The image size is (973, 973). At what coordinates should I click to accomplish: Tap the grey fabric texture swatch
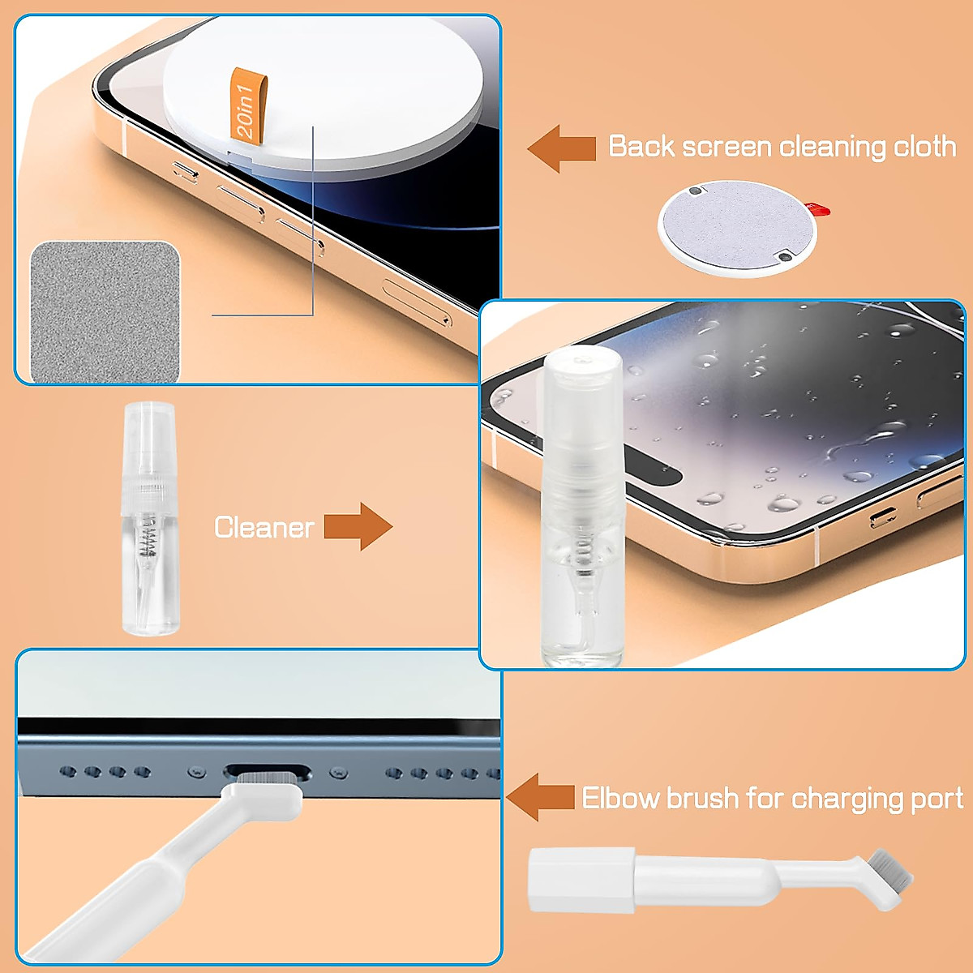point(105,312)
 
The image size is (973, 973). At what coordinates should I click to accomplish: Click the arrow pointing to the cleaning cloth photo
point(562,148)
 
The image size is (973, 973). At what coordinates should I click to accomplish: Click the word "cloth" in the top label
point(924,147)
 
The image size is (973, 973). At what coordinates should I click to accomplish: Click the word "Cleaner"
point(264,528)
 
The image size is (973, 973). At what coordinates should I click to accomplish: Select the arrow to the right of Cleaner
point(358,527)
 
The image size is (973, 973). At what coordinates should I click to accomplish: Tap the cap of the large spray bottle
point(583,373)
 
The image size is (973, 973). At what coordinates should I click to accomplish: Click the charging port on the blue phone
point(268,771)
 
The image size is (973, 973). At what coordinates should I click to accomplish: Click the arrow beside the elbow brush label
point(540,797)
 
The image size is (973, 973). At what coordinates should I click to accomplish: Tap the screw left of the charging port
point(194,771)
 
